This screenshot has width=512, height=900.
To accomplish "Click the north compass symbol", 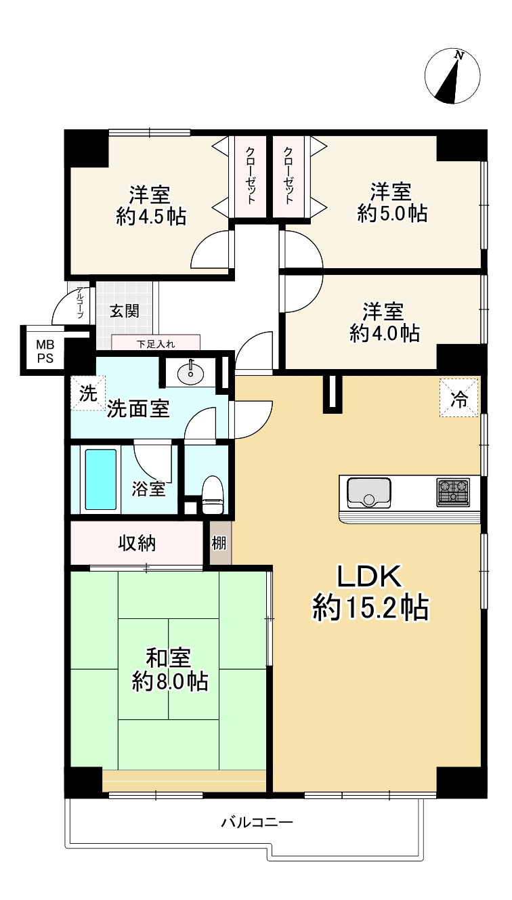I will click(452, 76).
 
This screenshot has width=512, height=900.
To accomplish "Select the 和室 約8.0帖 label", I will click(169, 669).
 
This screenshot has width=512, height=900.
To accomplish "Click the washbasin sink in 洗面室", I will click(191, 372).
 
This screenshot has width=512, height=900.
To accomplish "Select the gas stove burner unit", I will click(453, 492).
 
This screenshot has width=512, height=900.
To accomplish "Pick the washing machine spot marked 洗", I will click(87, 394).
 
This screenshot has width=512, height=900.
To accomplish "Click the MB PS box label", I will click(45, 351).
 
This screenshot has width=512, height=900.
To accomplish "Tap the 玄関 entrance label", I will click(125, 312).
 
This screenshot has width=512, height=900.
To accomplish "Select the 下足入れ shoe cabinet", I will click(156, 343).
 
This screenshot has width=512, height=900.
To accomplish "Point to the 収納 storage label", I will click(137, 543).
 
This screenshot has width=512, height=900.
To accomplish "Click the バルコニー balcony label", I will click(257, 823).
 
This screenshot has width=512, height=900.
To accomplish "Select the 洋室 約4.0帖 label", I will click(384, 322).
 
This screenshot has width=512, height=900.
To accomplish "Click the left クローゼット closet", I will click(251, 177).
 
